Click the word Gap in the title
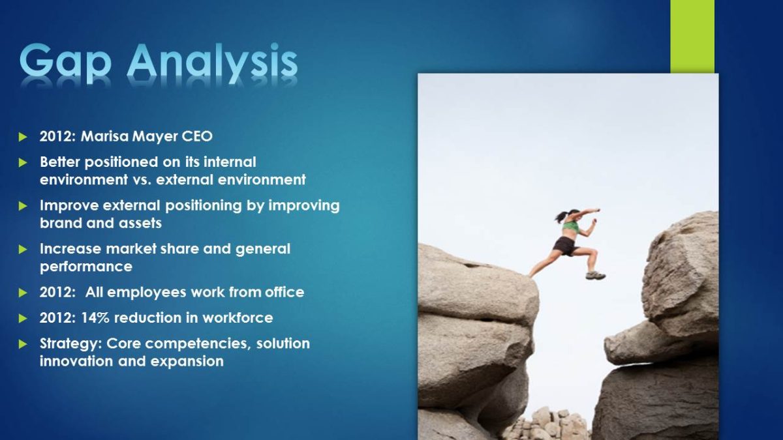coord(65,63)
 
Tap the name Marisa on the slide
coord(104,136)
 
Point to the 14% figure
coord(95,318)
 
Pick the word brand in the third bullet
coord(61,223)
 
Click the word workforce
coord(238,318)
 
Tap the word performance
coord(86,267)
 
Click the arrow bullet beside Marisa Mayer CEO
coord(23,136)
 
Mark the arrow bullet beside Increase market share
coord(23,249)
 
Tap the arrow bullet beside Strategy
coord(23,344)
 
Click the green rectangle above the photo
coord(692,37)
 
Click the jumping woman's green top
coord(570,227)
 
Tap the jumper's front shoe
coord(596,276)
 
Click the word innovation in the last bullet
coord(76,361)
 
